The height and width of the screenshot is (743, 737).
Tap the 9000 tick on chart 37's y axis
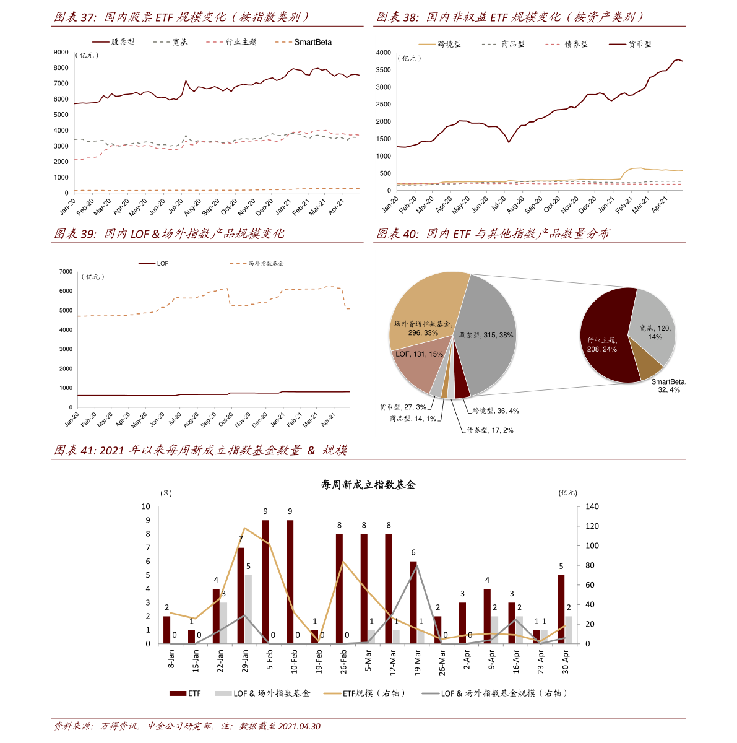click(61, 53)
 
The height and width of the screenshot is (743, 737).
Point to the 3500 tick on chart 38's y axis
click(384, 70)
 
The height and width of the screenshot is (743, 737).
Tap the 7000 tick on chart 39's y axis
click(66, 272)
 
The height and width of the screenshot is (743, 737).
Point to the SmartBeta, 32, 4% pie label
click(668, 386)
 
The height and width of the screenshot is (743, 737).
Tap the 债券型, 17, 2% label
click(490, 430)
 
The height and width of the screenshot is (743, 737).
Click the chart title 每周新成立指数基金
click(368, 485)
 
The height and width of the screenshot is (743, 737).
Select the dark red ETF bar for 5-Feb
click(265, 582)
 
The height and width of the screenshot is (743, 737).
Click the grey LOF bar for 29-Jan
click(248, 609)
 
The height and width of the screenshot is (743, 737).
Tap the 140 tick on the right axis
click(592, 506)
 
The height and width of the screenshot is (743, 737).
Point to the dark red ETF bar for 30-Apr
click(561, 609)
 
